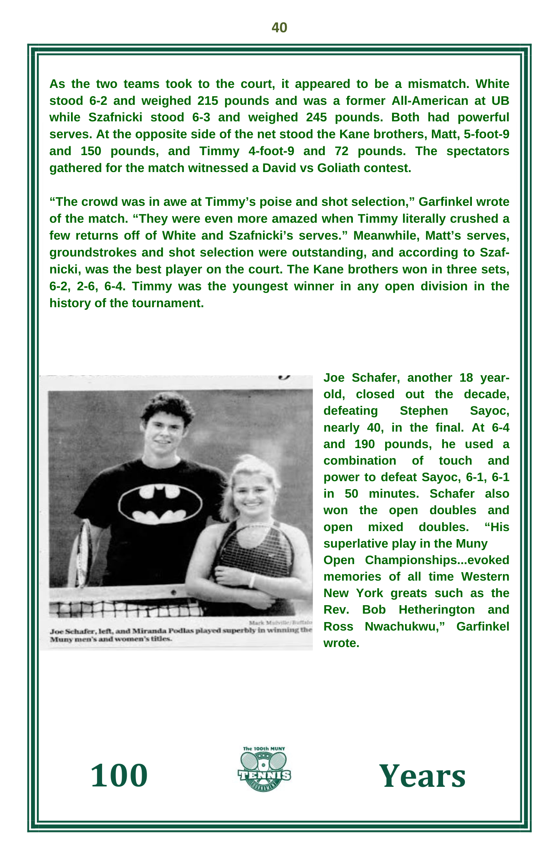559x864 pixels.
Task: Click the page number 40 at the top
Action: pyautogui.click(x=279, y=28)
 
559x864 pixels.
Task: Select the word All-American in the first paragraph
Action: pyautogui.click(x=429, y=101)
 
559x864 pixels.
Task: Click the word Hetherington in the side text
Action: pyautogui.click(x=437, y=610)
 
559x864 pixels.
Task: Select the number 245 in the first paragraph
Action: pyautogui.click(x=316, y=118)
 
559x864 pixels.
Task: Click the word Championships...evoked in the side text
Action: pyautogui.click(x=437, y=560)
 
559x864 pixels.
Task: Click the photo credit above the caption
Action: pyautogui.click(x=280, y=622)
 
